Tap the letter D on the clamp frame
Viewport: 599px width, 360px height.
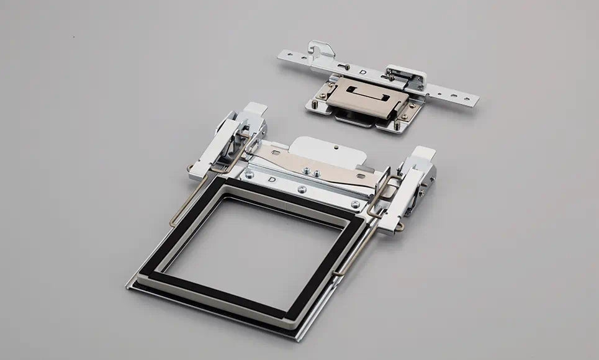[x=272, y=179]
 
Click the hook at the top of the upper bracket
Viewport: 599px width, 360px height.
[x=320, y=50]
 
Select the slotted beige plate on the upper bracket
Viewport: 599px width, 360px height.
[x=367, y=98]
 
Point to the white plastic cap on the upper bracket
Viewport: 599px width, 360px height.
[x=406, y=74]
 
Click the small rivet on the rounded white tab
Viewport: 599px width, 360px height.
[x=336, y=146]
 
